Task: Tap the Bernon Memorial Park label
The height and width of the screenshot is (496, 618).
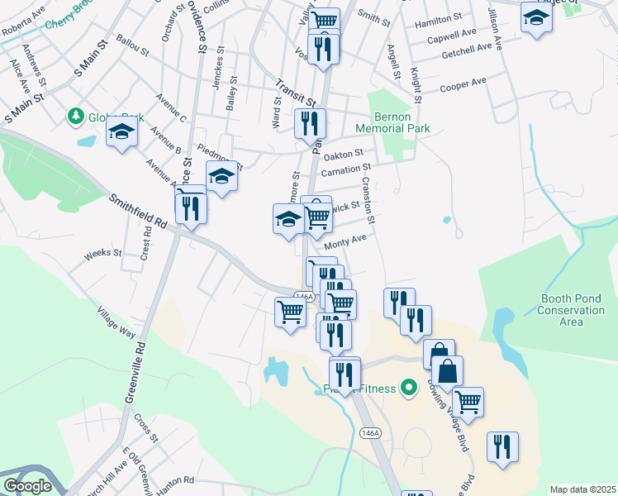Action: point(392,122)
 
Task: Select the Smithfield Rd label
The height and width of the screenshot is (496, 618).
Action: point(137,211)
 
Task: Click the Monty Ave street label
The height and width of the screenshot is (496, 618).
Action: point(345,241)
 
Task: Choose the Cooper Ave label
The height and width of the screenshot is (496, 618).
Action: point(463,85)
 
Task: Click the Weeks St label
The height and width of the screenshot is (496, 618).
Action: point(103,252)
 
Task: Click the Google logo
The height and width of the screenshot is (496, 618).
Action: point(27,485)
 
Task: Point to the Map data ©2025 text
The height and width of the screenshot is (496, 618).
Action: point(582,489)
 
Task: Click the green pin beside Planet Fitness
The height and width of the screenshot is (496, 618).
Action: point(406,386)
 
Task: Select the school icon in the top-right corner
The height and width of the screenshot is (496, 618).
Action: point(536,17)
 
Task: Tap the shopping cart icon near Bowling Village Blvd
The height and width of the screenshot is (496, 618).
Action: point(468,402)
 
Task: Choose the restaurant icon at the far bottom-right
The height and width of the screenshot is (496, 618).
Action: point(502,446)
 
